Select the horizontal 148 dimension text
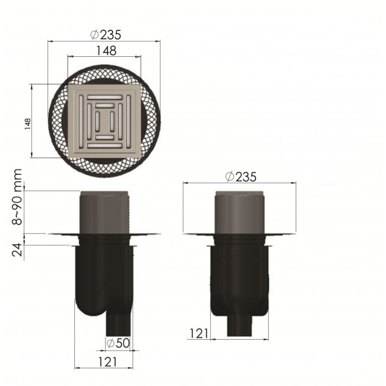click(105, 51)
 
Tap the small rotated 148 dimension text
click(25, 122)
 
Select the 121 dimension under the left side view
click(108, 362)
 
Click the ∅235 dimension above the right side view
click(241, 177)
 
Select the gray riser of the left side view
click(105, 212)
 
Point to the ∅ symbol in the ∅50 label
click(110, 343)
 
